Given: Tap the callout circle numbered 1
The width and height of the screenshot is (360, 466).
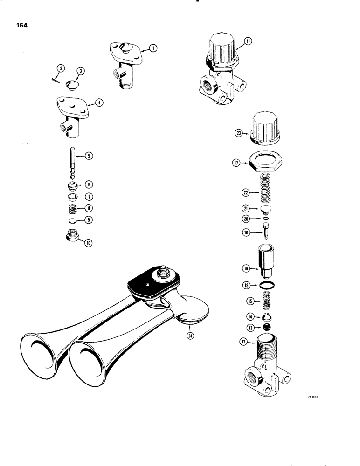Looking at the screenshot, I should (152, 48).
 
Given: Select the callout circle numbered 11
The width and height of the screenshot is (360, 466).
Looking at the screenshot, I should (248, 41).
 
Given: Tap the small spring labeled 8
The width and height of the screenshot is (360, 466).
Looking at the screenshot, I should (73, 208).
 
